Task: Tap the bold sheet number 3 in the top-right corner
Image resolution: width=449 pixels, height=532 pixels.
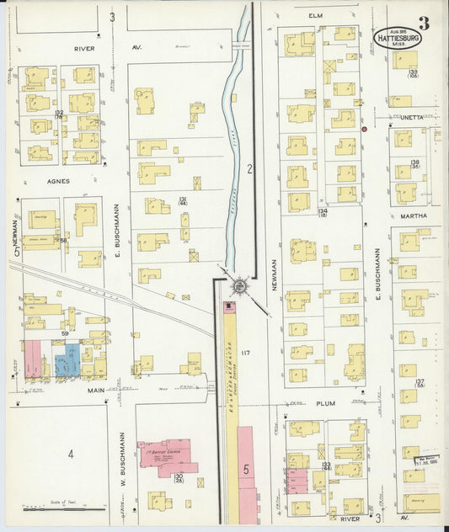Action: coord(423,24)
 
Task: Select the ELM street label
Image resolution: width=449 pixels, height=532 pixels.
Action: coord(316,15)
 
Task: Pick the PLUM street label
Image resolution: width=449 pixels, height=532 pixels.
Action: coord(326,403)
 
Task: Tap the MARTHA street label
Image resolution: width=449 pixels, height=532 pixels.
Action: coord(414,215)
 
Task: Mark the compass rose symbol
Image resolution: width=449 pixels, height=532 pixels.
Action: coord(239,286)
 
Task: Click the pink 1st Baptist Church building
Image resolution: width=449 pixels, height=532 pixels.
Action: coord(167,455)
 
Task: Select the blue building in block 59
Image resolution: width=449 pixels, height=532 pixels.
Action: coord(67,359)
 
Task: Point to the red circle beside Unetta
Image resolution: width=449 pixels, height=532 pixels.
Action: coord(364,130)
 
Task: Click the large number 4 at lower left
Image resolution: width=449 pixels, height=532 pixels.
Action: coord(71,455)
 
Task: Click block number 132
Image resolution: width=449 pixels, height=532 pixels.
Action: coord(59,112)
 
